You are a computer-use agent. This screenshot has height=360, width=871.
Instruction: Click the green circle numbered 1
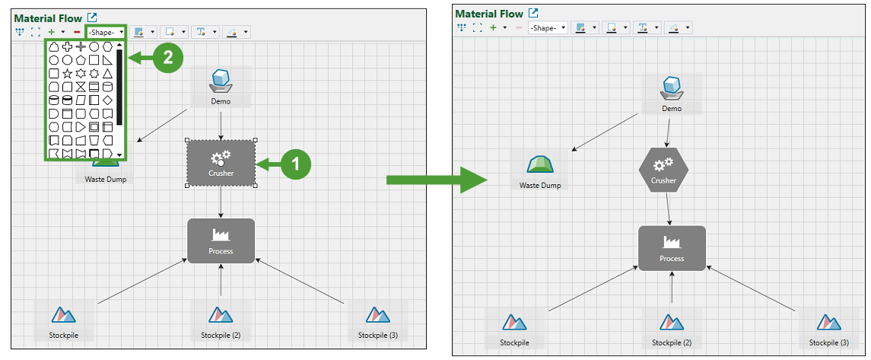296,163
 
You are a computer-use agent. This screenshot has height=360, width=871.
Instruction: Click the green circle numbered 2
167,58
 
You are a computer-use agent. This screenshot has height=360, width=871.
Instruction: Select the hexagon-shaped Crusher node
663,170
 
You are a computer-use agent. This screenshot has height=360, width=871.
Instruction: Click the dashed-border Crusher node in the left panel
221,163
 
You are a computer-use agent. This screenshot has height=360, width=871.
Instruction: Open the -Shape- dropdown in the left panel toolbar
106,32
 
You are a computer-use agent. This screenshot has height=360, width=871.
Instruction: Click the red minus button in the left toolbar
77,32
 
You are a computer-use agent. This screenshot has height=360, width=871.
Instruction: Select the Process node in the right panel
672,248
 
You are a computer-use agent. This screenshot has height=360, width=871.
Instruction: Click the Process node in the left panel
221,241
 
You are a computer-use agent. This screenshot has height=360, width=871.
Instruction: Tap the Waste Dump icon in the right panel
540,164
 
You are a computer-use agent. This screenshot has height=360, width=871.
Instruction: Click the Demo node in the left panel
221,85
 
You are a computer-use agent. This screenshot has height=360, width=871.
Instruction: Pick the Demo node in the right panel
672,93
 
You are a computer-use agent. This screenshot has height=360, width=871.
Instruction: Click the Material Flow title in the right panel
488,14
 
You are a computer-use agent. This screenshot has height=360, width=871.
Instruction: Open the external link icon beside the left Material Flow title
93,17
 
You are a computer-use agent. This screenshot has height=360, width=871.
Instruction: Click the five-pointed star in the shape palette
68,73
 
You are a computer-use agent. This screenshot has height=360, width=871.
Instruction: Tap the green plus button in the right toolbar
493,27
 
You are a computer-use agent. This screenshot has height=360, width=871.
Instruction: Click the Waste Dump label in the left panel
106,180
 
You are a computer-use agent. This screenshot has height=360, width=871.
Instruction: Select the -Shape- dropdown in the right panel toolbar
548,27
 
